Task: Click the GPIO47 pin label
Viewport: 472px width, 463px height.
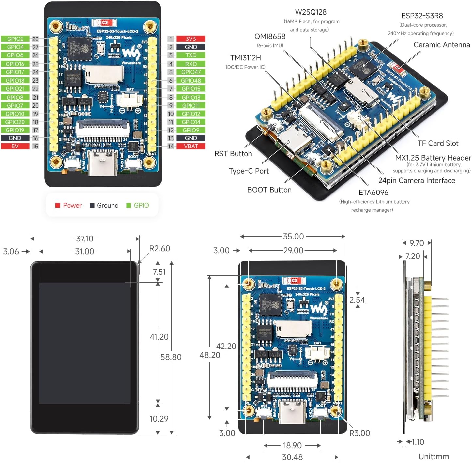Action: pyautogui.click(x=191, y=72)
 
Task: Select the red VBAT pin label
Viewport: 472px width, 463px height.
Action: pyautogui.click(x=191, y=146)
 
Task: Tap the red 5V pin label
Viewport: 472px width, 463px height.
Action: pyautogui.click(x=15, y=146)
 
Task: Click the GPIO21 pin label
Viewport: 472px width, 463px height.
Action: pyautogui.click(x=15, y=89)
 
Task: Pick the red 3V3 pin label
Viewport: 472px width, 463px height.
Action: pyautogui.click(x=191, y=39)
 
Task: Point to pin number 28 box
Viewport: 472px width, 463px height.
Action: pyautogui.click(x=35, y=39)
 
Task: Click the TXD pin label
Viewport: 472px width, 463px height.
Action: pyautogui.click(x=191, y=55)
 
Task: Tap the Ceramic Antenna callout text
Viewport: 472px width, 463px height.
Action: pyautogui.click(x=442, y=45)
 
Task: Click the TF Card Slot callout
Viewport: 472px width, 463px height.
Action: pyautogui.click(x=438, y=143)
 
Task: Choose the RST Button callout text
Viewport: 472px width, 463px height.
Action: pyautogui.click(x=233, y=154)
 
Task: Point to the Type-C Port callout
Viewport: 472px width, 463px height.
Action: pyautogui.click(x=249, y=171)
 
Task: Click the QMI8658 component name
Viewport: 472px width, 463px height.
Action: pyautogui.click(x=270, y=36)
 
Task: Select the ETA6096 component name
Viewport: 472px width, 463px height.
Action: pyautogui.click(x=373, y=193)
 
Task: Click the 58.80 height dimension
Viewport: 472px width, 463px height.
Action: pyautogui.click(x=171, y=357)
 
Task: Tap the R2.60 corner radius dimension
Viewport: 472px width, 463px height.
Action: pyautogui.click(x=160, y=249)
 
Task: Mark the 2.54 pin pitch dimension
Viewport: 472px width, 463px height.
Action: pyautogui.click(x=357, y=300)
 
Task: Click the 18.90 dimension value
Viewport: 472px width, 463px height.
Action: pyautogui.click(x=292, y=445)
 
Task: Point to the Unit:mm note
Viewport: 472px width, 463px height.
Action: pyautogui.click(x=434, y=456)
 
